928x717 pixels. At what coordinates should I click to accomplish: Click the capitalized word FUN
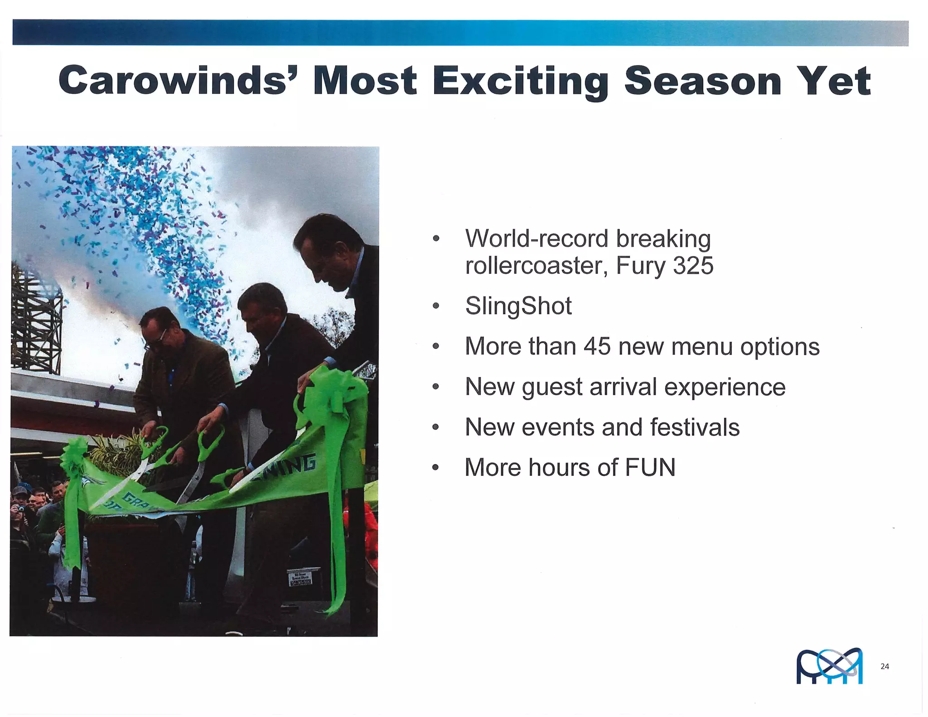pos(650,468)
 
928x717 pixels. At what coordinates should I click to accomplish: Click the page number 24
pos(884,666)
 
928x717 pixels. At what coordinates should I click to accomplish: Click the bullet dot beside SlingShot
pos(436,306)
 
